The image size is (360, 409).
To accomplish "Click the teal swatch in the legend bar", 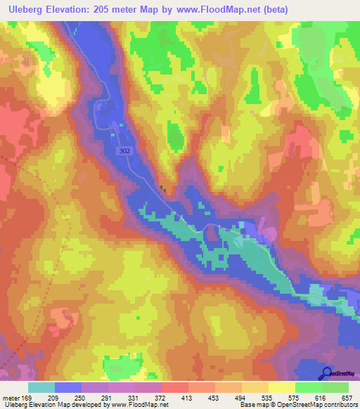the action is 41,387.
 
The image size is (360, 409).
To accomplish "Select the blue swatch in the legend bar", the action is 68,387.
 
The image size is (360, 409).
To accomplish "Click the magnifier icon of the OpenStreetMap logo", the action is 326,372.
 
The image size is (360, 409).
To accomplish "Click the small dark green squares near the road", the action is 163,188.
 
